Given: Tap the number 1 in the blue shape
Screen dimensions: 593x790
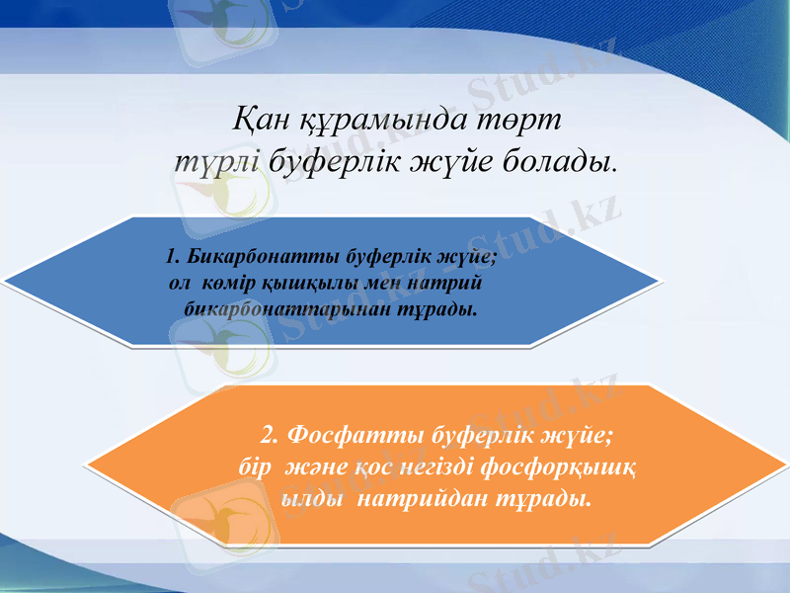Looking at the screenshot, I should click(x=173, y=258).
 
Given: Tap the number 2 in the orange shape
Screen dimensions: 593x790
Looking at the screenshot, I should click(x=272, y=435).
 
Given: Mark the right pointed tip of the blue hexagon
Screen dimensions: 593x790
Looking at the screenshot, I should click(x=659, y=281).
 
